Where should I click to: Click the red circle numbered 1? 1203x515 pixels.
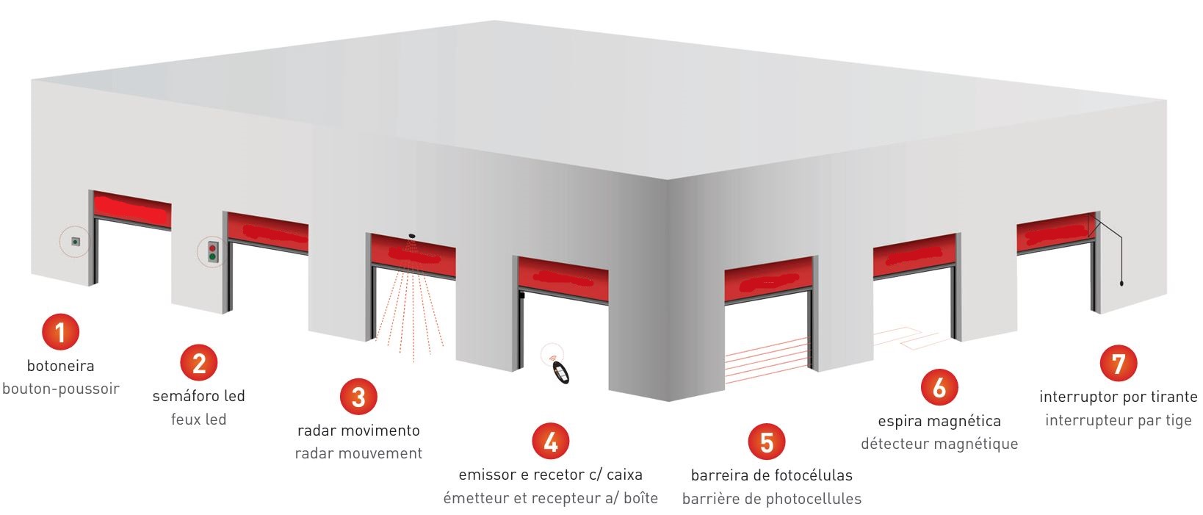61,332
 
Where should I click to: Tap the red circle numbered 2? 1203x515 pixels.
199,363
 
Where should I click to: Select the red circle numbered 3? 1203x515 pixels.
358,397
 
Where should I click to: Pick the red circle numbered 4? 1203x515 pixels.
551,442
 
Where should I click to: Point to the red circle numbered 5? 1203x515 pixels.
766,442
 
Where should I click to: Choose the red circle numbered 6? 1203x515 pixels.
939,387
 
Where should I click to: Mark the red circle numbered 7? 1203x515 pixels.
1118,363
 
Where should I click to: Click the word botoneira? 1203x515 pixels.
61,367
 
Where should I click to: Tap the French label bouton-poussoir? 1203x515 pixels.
61,389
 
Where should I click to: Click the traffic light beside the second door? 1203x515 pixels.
213,252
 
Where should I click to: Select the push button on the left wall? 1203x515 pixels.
76,242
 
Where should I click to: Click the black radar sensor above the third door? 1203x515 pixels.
412,236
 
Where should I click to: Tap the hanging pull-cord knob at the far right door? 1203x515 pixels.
1122,283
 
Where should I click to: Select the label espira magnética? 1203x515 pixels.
939,422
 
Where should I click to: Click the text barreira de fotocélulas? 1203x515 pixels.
772,475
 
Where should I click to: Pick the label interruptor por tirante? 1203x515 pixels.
1118,397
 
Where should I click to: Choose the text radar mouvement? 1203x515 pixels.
358,454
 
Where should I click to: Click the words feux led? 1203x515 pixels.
199,419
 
